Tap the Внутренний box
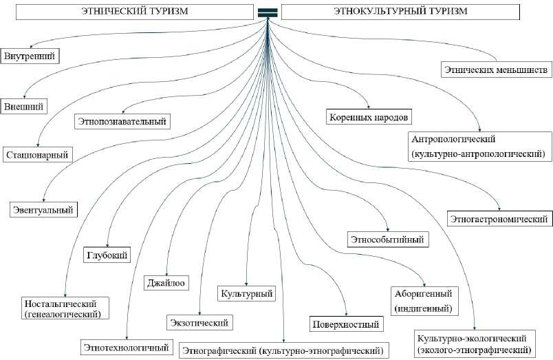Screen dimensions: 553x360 click(x=29, y=55)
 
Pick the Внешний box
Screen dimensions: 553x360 click(x=24, y=107)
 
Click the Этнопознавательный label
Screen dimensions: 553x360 click(x=122, y=122)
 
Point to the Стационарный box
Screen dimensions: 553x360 click(x=38, y=155)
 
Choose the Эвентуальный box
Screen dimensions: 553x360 click(x=43, y=209)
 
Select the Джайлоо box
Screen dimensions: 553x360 click(x=166, y=282)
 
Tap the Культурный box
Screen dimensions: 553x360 click(x=247, y=294)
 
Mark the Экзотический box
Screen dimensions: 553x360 click(x=199, y=321)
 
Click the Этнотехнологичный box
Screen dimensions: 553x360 click(x=126, y=348)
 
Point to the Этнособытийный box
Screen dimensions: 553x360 click(x=389, y=240)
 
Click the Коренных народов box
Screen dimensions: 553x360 click(x=369, y=116)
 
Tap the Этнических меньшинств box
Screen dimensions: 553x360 click(x=495, y=70)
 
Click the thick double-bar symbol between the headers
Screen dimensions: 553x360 click(x=268, y=12)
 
